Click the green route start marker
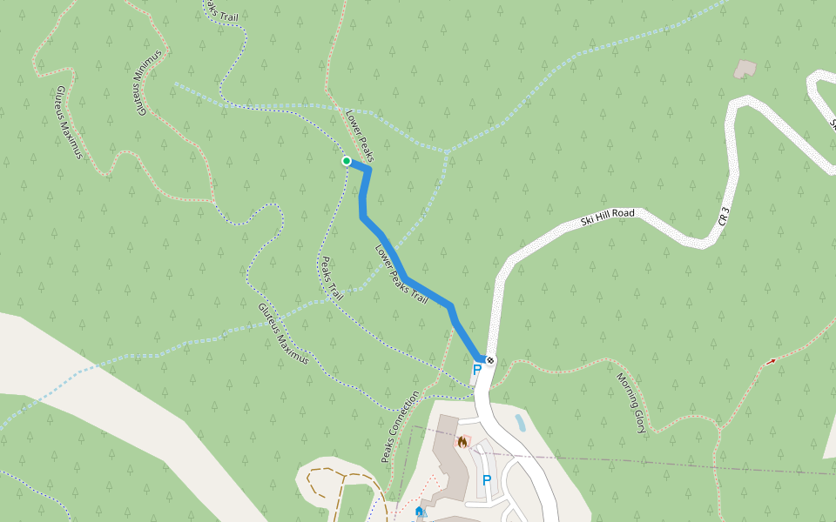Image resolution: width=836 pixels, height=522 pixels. pyautogui.click(x=347, y=161)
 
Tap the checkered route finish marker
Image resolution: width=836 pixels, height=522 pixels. pyautogui.click(x=491, y=360)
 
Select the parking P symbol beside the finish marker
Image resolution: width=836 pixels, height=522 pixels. pyautogui.click(x=476, y=371)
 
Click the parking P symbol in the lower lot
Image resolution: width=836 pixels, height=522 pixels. pyautogui.click(x=487, y=480)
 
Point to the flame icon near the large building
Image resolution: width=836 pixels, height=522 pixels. pyautogui.click(x=462, y=441)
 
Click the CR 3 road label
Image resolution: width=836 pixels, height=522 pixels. pyautogui.click(x=725, y=217)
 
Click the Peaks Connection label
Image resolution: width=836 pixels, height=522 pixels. pyautogui.click(x=400, y=426)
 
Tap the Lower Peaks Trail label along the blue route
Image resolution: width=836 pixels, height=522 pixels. pyautogui.click(x=401, y=275)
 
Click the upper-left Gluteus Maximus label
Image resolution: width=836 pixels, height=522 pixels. pyautogui.click(x=68, y=122)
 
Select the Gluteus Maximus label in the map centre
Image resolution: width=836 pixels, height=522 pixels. pyautogui.click(x=283, y=333)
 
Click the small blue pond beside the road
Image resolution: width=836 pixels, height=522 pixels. pyautogui.click(x=520, y=424)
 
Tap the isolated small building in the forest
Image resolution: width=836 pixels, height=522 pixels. pyautogui.click(x=745, y=69)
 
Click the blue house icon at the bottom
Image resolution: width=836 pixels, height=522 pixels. pyautogui.click(x=421, y=511)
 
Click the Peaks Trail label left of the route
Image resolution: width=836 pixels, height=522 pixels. pyautogui.click(x=332, y=278)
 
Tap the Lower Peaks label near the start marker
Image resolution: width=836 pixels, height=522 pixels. pyautogui.click(x=359, y=135)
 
